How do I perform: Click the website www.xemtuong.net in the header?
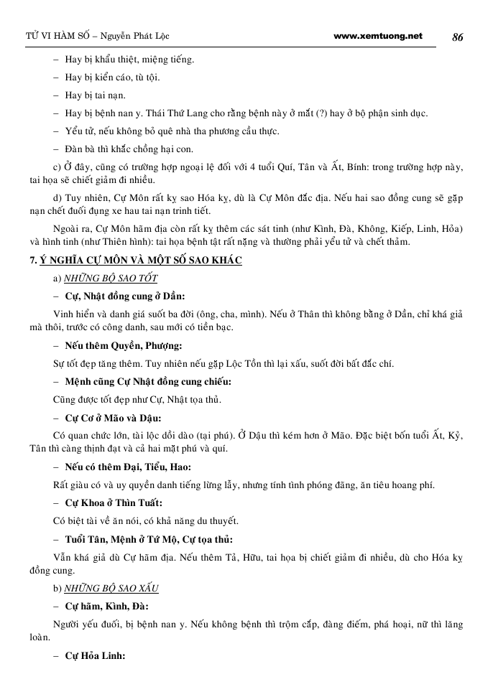378,36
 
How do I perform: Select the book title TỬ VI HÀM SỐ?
52,37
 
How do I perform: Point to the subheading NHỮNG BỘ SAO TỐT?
111,278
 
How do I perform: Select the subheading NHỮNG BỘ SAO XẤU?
111,588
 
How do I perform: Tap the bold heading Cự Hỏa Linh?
96,655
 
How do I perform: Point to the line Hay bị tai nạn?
95,95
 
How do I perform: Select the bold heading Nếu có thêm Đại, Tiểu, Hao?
121,467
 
